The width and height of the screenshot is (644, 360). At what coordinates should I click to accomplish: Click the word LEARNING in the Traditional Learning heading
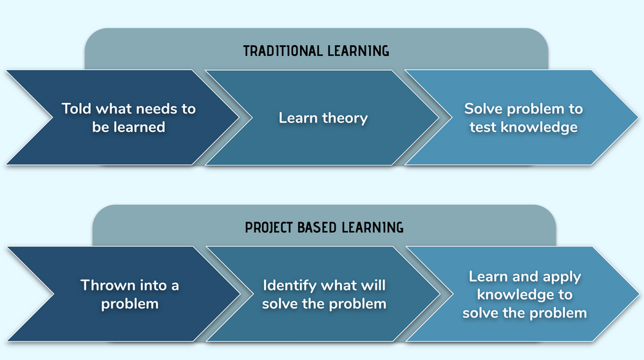(x=357, y=51)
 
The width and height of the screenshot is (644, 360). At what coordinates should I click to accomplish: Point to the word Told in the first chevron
(x=77, y=108)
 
